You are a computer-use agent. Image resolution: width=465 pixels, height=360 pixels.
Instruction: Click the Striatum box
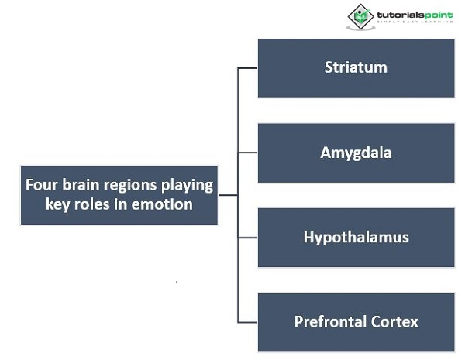click(356, 67)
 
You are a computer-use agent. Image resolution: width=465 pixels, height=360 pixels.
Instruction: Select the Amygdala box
click(356, 153)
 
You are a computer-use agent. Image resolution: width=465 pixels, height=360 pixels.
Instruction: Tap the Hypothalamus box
click(356, 237)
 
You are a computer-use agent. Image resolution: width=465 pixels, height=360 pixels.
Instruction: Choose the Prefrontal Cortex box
click(356, 321)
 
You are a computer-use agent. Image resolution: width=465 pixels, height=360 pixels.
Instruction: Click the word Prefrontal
click(328, 321)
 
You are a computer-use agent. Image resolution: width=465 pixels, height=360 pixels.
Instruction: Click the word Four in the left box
click(40, 186)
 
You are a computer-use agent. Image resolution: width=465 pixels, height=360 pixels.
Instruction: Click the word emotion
click(166, 204)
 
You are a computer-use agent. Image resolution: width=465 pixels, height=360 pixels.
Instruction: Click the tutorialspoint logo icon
click(360, 16)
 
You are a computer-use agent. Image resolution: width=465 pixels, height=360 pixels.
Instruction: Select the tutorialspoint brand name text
click(414, 14)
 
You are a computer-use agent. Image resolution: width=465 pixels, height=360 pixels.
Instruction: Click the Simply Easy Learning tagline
click(414, 24)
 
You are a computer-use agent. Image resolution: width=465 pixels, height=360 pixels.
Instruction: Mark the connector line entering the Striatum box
click(247, 68)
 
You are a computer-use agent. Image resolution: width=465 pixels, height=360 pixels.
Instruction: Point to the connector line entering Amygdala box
click(247, 153)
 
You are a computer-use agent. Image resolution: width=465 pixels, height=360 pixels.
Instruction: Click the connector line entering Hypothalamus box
click(247, 237)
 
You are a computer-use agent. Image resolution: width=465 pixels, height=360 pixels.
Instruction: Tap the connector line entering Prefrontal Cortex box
click(247, 321)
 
